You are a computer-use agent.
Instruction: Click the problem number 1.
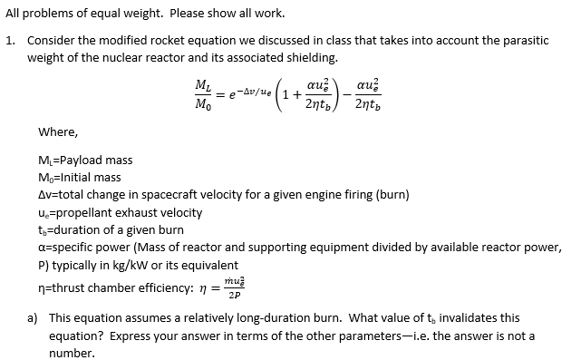pyautogui.click(x=9, y=41)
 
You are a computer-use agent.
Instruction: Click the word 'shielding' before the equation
pyautogui.click(x=310, y=57)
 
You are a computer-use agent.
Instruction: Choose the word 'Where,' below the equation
pyautogui.click(x=56, y=131)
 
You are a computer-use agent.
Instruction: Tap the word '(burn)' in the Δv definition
pyautogui.click(x=392, y=195)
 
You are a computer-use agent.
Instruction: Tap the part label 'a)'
pyautogui.click(x=34, y=318)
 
